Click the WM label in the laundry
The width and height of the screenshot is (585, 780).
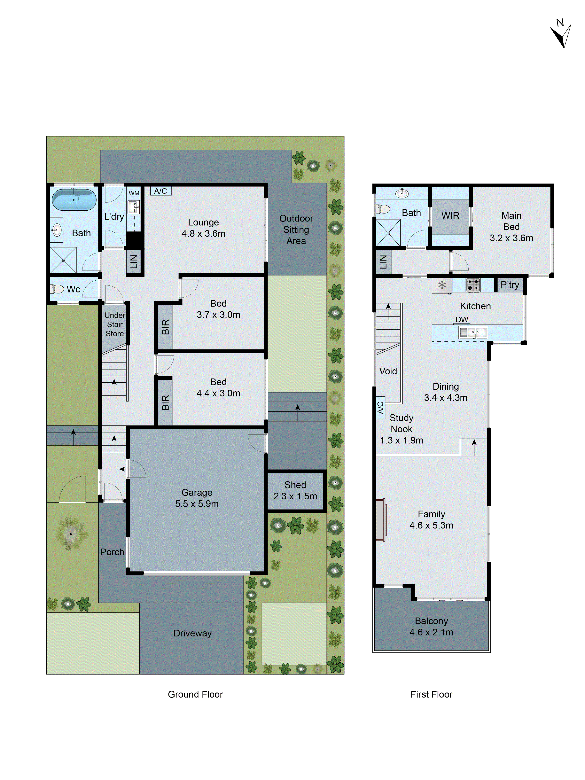click(134, 193)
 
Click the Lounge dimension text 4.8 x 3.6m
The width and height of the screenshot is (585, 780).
click(203, 233)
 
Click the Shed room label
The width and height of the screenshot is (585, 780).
click(295, 485)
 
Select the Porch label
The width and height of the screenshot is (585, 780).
click(112, 552)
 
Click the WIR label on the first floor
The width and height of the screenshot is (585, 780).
click(450, 215)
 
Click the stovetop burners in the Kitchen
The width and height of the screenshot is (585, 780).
click(473, 285)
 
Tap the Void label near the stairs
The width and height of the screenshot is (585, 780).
click(388, 371)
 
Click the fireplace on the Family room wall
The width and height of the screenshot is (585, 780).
click(380, 520)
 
